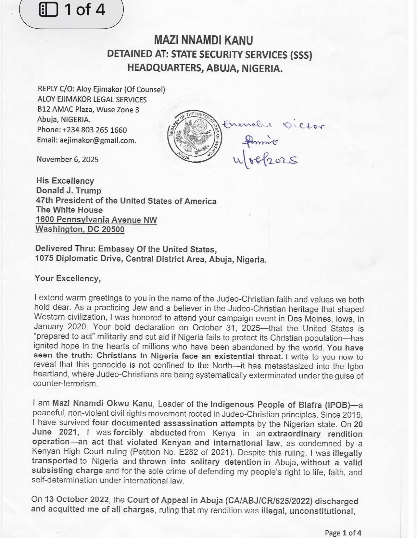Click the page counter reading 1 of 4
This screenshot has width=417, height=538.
[84, 9]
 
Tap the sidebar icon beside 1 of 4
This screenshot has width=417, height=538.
[48, 9]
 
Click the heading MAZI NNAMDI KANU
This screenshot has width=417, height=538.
[203, 40]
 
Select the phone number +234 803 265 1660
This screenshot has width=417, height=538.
[95, 130]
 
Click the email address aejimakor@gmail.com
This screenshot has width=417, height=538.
[97, 141]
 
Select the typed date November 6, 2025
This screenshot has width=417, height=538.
[68, 159]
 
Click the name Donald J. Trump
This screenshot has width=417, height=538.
[69, 190]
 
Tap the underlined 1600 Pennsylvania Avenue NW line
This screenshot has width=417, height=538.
[96, 220]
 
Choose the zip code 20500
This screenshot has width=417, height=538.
[113, 229]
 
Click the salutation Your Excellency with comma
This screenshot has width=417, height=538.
[68, 278]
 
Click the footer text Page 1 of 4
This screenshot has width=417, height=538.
[343, 533]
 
